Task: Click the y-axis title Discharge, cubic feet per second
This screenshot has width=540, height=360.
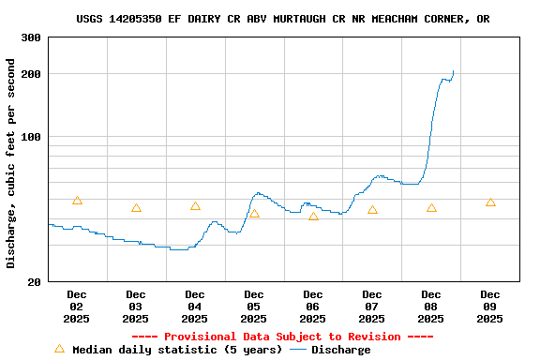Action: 11,163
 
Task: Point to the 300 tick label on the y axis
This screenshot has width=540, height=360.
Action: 31,37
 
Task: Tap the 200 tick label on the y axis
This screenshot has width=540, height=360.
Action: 31,74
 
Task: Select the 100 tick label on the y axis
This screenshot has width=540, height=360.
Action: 31,137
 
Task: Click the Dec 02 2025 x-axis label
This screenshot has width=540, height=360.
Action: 77,307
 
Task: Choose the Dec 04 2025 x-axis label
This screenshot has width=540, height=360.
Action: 195,307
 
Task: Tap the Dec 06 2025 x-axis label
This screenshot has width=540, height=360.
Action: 313,307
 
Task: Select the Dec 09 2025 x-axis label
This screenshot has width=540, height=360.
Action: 489,307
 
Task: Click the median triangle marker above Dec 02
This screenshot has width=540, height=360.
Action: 77,201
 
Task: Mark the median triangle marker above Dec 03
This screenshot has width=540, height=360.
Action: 136,208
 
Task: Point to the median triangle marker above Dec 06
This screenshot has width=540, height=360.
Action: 313,217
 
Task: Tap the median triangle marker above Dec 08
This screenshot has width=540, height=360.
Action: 431,208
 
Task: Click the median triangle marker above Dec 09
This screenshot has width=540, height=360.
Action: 490,202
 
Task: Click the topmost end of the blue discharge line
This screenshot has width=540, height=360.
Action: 453,71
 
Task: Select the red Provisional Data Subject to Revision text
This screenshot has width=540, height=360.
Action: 282,337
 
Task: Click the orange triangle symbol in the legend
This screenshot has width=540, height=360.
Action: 59,349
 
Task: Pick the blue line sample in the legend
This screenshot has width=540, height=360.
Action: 298,350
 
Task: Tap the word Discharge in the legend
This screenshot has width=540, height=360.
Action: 340,350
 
